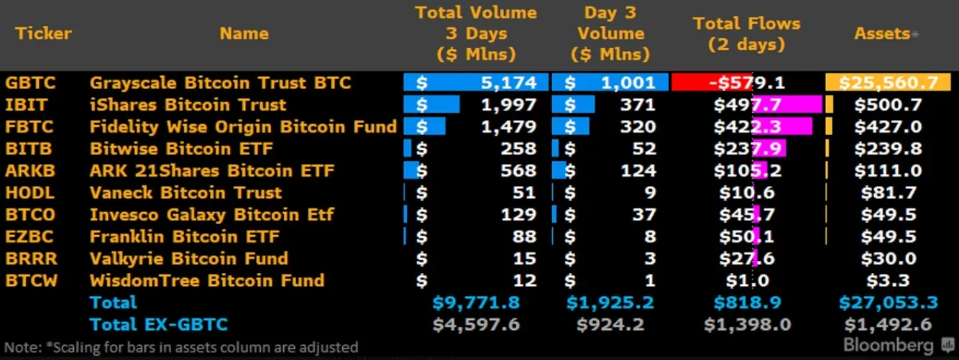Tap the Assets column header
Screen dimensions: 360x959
pyautogui.click(x=882, y=33)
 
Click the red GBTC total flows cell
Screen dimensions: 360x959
pyautogui.click(x=746, y=83)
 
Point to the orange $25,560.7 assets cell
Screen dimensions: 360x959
pyautogui.click(x=889, y=83)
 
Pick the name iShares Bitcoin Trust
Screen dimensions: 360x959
pyautogui.click(x=188, y=105)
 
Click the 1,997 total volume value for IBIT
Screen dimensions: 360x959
pyautogui.click(x=508, y=105)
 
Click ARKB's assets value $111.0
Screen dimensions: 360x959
pyautogui.click(x=889, y=171)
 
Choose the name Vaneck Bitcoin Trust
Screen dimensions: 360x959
pyautogui.click(x=185, y=193)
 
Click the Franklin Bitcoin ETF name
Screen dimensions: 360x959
pyautogui.click(x=184, y=236)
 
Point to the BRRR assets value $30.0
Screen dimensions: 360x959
pyautogui.click(x=889, y=259)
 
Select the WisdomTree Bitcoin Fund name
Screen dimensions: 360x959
pyautogui.click(x=206, y=280)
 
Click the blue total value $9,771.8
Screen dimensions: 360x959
pyautogui.click(x=476, y=303)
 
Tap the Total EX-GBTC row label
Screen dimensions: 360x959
pyautogui.click(x=158, y=324)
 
